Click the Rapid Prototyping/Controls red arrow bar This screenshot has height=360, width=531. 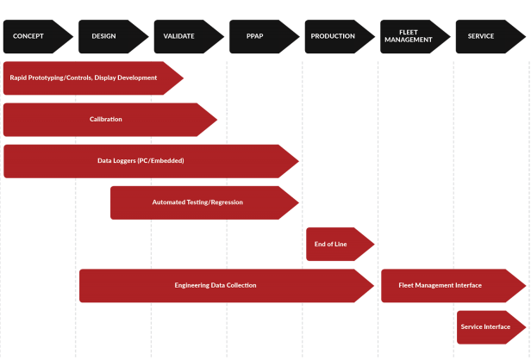tap(86, 78)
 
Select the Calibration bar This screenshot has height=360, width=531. tap(105, 120)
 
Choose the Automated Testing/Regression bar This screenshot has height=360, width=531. tap(198, 202)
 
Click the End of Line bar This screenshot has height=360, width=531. tap(333, 244)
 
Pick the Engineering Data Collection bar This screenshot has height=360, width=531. tap(216, 285)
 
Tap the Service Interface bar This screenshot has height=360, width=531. tap(486, 326)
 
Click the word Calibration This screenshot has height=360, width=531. tap(106, 120)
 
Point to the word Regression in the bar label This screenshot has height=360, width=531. tap(222, 202)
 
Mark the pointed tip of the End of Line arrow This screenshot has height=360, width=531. tap(373, 244)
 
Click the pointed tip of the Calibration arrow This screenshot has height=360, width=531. tap(217, 120)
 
